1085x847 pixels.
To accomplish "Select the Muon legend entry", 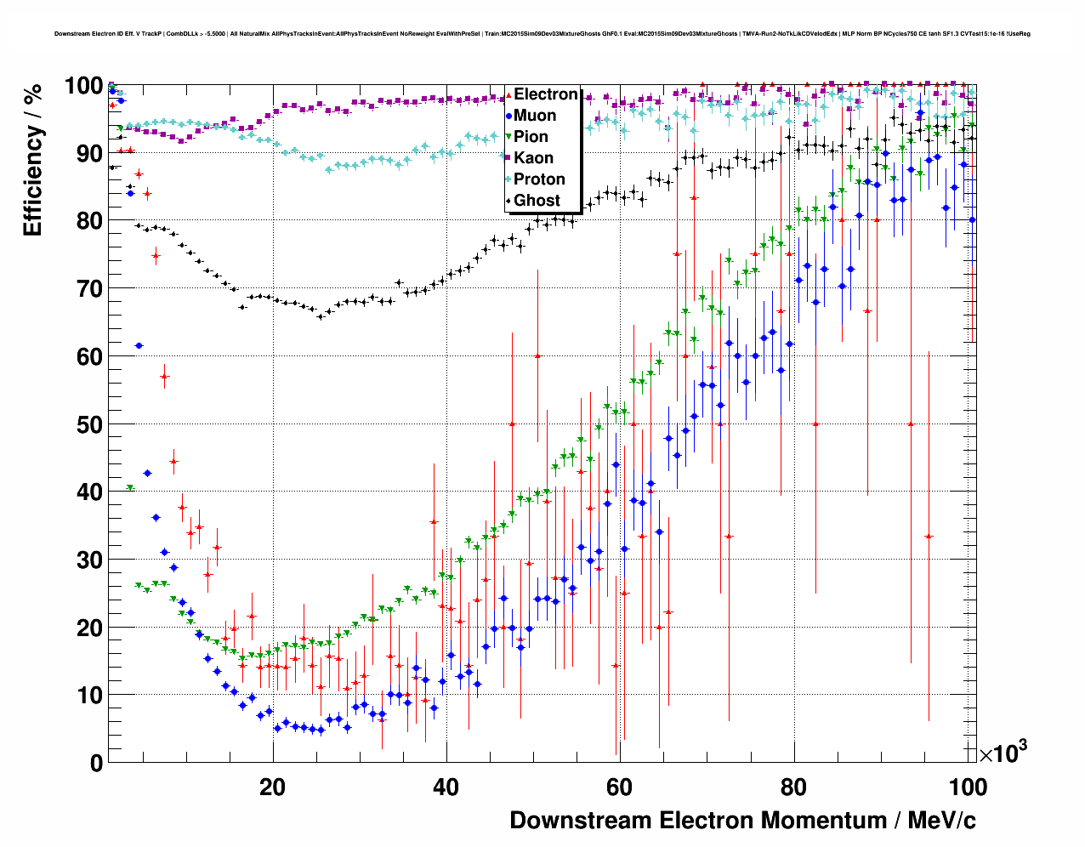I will pyautogui.click(x=535, y=116).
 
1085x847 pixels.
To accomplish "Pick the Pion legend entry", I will pyautogui.click(x=531, y=137).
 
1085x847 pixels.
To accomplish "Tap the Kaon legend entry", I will pyautogui.click(x=533, y=158).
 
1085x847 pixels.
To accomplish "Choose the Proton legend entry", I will pyautogui.click(x=539, y=179).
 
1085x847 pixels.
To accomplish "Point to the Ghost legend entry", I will pyautogui.click(x=537, y=201).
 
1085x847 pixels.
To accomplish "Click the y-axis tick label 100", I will pyautogui.click(x=83, y=86).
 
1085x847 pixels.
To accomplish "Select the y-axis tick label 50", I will pyautogui.click(x=89, y=424).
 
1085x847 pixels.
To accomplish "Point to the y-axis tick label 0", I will pyautogui.click(x=96, y=763).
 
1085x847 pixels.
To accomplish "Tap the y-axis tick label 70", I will pyautogui.click(x=89, y=289).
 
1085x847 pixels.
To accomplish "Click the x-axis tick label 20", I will pyautogui.click(x=272, y=787).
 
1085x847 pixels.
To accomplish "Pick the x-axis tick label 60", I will pyautogui.click(x=619, y=787).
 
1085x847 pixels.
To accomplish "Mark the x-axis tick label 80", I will pyautogui.click(x=792, y=787).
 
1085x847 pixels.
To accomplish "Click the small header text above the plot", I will pyautogui.click(x=542, y=34).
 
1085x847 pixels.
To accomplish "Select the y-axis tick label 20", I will pyautogui.click(x=89, y=628).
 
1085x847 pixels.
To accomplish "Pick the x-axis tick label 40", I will pyautogui.click(x=446, y=787).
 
